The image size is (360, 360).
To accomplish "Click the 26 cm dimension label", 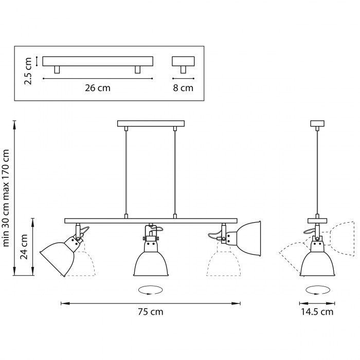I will [98, 88].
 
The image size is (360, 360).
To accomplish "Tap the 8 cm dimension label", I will [183, 88].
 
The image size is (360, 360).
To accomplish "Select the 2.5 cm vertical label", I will [28, 71].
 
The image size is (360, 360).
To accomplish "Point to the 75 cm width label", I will [151, 312].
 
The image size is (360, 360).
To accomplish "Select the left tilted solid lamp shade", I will [58, 258].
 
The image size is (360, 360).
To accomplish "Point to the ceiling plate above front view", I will [151, 123].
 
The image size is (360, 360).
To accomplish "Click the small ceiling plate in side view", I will [317, 123].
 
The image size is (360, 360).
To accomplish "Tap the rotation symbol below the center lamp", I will [151, 291].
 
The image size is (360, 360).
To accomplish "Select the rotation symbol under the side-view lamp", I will [317, 291].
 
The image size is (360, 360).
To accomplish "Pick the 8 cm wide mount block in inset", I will [183, 61].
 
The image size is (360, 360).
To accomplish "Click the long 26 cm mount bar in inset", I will [98, 61].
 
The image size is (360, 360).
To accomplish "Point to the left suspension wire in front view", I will [127, 170].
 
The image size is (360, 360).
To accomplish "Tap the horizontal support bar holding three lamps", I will [151, 221].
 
